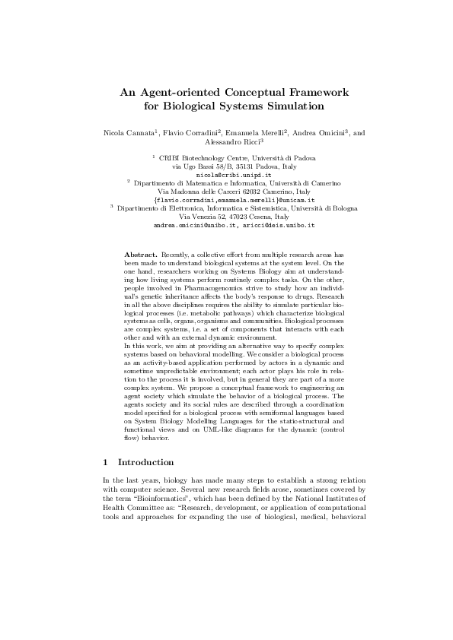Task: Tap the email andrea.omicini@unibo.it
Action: pyautogui.click(x=196, y=226)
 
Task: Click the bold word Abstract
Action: pyautogui.click(x=140, y=252)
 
